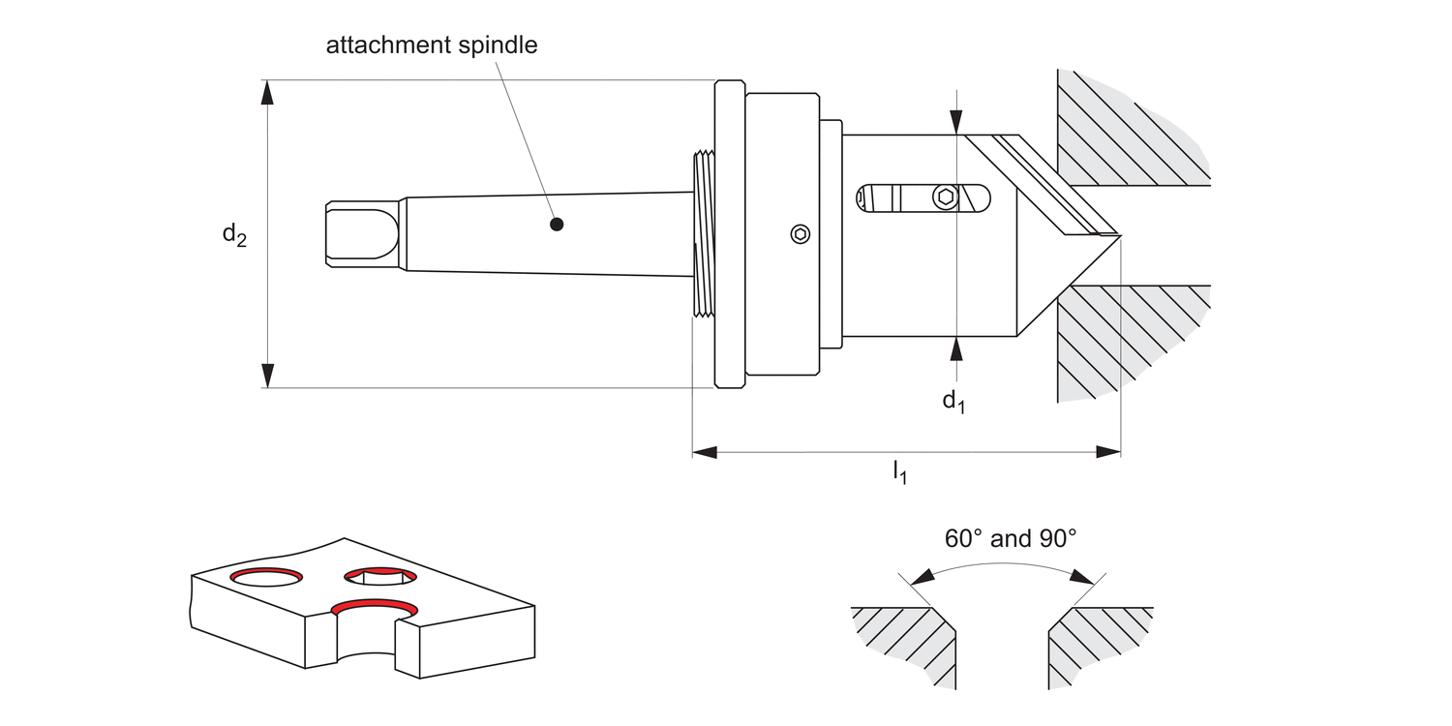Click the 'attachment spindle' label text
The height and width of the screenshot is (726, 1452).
[431, 45]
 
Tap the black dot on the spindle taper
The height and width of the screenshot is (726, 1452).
[556, 225]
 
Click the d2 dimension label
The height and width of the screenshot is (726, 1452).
[234, 234]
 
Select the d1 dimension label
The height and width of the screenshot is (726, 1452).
[954, 401]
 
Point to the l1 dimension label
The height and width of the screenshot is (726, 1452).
[899, 473]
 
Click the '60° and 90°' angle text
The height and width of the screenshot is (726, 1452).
[1011, 539]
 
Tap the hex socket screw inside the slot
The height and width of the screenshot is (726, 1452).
[946, 197]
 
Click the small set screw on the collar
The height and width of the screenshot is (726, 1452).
[800, 233]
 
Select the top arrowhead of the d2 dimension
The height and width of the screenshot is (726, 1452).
[268, 91]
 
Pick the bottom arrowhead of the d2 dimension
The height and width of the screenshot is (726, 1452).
[268, 376]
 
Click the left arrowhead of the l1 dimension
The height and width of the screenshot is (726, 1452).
[705, 451]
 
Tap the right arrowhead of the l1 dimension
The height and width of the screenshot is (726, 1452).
[1108, 451]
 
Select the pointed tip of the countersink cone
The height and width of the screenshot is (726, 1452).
[1118, 234]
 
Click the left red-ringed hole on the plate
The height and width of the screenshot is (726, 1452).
[265, 578]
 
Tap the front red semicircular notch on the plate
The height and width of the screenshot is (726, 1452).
[375, 608]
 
